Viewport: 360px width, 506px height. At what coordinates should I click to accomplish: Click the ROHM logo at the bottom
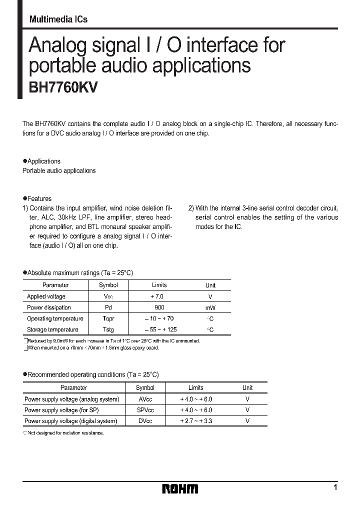[x=180, y=488]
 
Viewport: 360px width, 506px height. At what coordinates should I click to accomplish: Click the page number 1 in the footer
[x=335, y=487]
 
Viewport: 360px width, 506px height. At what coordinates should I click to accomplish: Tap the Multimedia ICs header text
[x=58, y=19]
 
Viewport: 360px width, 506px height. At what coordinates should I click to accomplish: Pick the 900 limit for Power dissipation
[x=159, y=307]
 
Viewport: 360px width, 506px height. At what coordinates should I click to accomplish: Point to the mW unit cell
[x=210, y=308]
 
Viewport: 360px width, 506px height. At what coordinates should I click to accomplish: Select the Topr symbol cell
[x=108, y=318]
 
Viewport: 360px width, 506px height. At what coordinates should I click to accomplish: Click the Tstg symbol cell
[x=108, y=329]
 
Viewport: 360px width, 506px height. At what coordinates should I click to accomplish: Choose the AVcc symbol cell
[x=145, y=399]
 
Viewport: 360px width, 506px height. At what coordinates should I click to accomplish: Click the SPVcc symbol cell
[x=145, y=410]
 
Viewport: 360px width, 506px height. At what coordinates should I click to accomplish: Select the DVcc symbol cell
[x=145, y=421]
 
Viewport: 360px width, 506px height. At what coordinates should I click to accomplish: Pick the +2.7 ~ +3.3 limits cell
[x=196, y=421]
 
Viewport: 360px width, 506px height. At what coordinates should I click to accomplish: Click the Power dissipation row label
[x=49, y=307]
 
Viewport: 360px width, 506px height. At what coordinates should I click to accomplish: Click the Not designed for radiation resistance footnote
[x=63, y=433]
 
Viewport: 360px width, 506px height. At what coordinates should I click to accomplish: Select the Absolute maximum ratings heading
[x=79, y=272]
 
